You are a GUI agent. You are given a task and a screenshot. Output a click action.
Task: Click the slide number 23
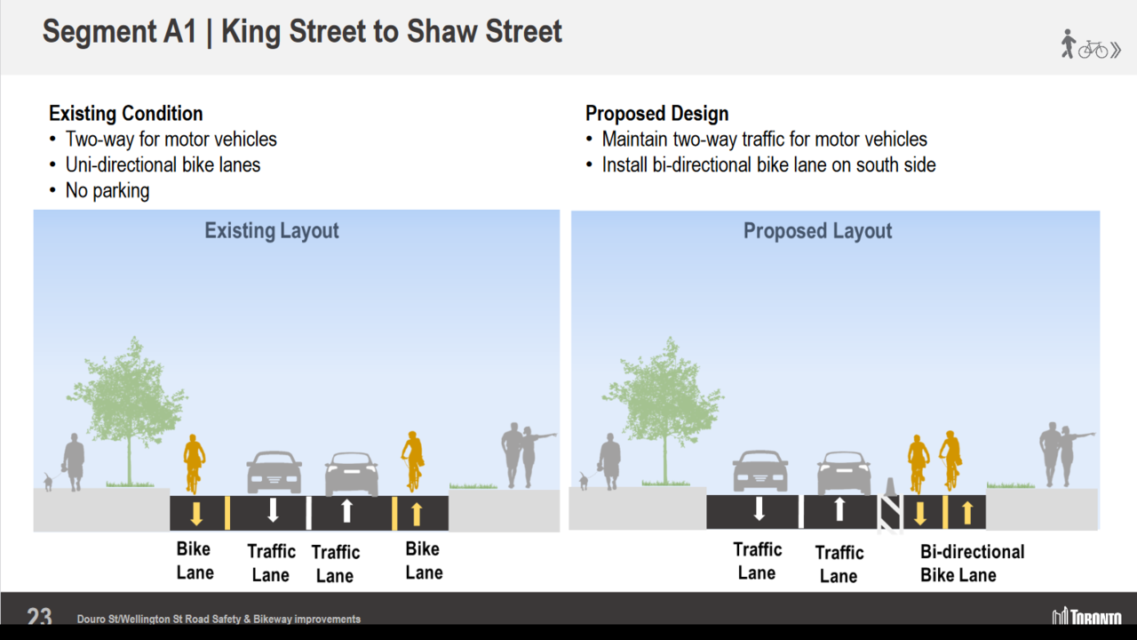(x=39, y=616)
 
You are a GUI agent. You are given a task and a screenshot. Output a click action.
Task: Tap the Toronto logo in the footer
(x=1086, y=616)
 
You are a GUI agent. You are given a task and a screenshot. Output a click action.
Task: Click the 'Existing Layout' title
(x=272, y=230)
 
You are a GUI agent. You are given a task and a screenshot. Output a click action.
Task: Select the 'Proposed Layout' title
(x=817, y=231)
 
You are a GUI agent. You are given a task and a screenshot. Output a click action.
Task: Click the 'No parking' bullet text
(x=107, y=191)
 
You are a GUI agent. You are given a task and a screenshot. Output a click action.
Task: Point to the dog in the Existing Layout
(x=48, y=482)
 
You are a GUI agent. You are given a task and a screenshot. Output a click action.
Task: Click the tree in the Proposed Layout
(x=664, y=410)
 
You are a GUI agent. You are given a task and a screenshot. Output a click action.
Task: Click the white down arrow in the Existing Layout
(x=273, y=510)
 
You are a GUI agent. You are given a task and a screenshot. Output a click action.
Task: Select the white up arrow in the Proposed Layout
(x=839, y=509)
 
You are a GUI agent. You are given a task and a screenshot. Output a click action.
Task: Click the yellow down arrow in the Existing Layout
(x=196, y=514)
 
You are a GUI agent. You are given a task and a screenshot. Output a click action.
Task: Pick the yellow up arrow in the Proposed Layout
(x=967, y=513)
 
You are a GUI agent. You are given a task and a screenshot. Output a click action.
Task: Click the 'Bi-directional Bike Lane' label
(x=972, y=564)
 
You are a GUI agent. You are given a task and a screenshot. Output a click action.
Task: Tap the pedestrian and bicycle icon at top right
(x=1091, y=44)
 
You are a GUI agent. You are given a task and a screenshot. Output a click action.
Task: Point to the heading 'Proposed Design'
(x=656, y=113)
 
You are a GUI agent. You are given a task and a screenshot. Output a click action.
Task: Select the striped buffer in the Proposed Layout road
(x=890, y=514)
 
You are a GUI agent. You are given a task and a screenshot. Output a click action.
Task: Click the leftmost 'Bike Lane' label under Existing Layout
(x=195, y=561)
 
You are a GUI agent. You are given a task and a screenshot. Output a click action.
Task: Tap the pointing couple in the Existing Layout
(x=528, y=455)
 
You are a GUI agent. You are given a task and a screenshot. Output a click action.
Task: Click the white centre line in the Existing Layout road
(x=308, y=513)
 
